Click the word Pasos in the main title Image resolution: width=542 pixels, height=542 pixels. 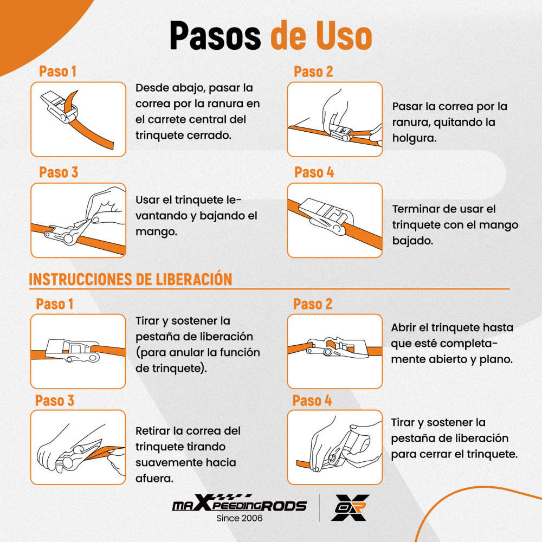click(x=215, y=36)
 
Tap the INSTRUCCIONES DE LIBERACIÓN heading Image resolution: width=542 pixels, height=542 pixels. click(x=130, y=279)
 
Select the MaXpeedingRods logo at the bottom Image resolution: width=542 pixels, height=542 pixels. click(x=239, y=503)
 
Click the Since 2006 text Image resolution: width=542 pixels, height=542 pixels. click(x=239, y=518)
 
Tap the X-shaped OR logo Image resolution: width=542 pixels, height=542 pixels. click(x=350, y=507)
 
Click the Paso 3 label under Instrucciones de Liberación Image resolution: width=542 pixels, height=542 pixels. click(x=55, y=401)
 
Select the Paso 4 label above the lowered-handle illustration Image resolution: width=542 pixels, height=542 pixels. click(x=314, y=172)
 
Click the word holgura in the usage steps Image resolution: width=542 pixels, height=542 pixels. click(x=415, y=138)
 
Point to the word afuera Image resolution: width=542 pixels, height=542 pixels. click(x=154, y=479)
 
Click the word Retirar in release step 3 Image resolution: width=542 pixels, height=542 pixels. click(x=152, y=431)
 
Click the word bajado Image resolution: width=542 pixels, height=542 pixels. click(x=412, y=241)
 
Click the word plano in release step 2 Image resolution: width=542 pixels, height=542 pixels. click(x=496, y=359)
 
